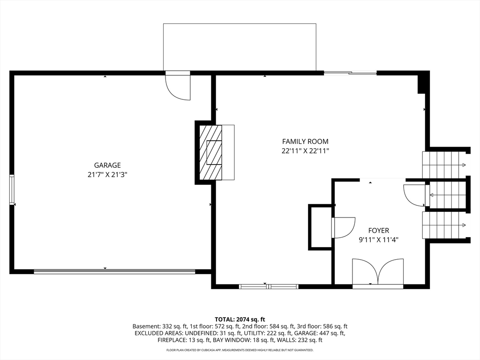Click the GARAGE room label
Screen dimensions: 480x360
coord(107,165)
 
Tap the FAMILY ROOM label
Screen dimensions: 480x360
coord(305,142)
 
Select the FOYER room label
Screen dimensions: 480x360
coord(379,231)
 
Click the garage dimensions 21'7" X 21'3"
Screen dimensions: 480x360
coord(107,175)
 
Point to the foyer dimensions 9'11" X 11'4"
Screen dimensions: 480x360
coord(379,240)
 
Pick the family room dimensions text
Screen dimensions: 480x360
coord(305,151)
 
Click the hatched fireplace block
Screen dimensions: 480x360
coord(211,152)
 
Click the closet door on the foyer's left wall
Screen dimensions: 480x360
coord(344,227)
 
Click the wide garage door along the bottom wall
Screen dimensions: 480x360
coord(114,271)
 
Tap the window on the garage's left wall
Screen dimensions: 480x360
coord(12,189)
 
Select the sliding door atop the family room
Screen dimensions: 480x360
coord(350,73)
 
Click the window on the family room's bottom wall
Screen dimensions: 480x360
coord(269,286)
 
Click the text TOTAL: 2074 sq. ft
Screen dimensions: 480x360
coord(240,320)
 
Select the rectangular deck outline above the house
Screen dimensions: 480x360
coord(240,47)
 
